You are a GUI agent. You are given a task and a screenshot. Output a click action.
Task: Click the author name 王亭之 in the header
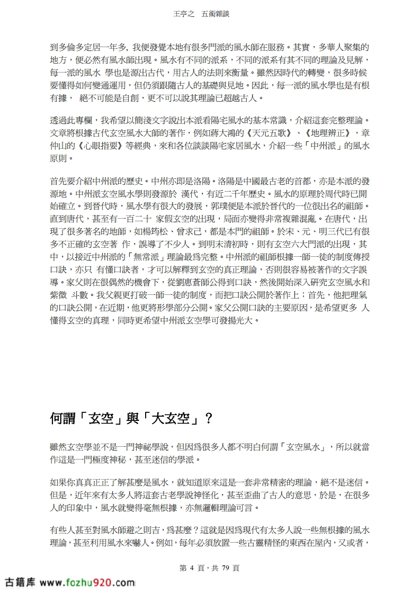(x=184, y=15)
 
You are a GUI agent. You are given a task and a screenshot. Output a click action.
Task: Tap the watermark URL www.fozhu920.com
(x=87, y=583)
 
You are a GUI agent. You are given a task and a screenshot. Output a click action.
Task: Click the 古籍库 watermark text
(x=21, y=583)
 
